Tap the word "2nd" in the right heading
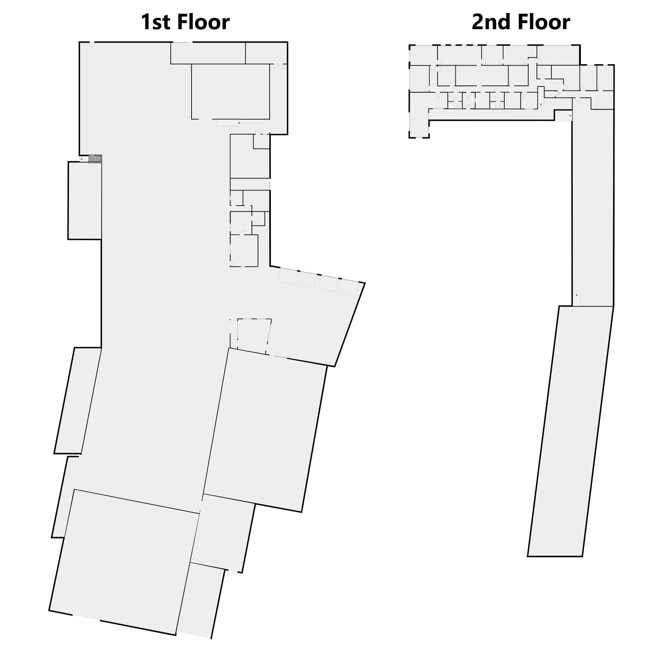492,22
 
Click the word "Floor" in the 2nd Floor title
544,22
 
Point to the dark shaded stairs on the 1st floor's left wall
95,159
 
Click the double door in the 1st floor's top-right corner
278,66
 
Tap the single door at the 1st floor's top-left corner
92,44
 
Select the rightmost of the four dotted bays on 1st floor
349,287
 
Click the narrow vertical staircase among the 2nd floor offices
541,96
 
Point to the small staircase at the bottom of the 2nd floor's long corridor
576,299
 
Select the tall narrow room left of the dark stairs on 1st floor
85,200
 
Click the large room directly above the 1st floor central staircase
231,91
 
